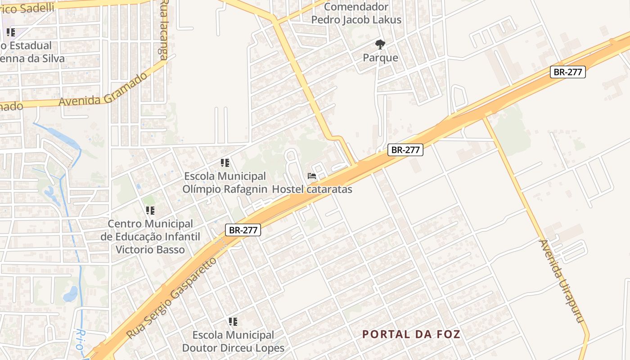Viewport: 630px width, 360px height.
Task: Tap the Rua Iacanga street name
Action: [164, 30]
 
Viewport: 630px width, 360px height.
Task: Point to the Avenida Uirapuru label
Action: [562, 281]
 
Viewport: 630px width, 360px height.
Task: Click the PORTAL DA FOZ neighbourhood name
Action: [411, 334]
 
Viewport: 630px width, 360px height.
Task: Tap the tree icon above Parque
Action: [380, 44]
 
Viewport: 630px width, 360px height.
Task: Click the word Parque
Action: [381, 58]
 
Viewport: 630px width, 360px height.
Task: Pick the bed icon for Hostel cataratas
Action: [312, 176]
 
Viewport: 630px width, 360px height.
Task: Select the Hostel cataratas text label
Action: [312, 189]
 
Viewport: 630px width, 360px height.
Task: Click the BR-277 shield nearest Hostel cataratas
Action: [405, 150]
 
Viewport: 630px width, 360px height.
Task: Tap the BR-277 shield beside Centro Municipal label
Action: [243, 230]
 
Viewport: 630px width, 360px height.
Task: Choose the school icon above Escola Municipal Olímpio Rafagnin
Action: [225, 163]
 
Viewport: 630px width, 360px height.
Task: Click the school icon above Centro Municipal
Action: [150, 211]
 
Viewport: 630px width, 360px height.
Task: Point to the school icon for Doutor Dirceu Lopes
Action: [233, 322]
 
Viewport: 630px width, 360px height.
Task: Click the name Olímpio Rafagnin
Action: [225, 189]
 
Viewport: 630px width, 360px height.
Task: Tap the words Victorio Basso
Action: [150, 249]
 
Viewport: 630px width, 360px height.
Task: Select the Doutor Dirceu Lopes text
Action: [233, 348]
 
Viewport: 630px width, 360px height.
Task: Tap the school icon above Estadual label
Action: [11, 32]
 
